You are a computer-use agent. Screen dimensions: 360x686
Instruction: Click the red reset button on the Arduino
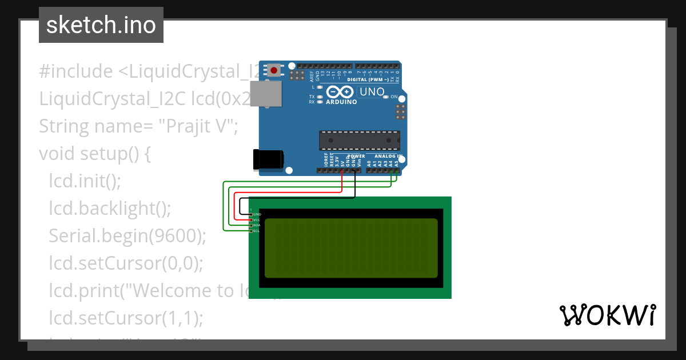click(274, 71)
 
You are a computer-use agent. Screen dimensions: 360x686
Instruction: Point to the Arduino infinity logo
click(341, 92)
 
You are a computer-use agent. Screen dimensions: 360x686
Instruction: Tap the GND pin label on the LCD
click(257, 214)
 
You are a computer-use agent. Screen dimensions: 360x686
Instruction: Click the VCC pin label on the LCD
click(257, 219)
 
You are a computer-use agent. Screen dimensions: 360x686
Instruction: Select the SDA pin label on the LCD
click(257, 225)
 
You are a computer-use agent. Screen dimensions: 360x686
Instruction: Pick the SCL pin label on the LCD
click(257, 231)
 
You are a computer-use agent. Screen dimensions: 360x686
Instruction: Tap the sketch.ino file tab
click(101, 25)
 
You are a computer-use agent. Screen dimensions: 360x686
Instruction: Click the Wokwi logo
click(607, 315)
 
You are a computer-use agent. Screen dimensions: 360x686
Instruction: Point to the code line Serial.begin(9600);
click(127, 235)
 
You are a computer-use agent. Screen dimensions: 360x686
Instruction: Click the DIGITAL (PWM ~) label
click(372, 79)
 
